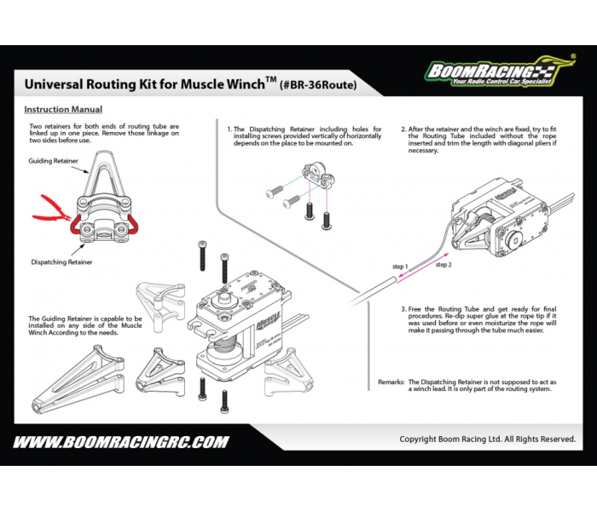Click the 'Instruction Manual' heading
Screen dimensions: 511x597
point(63,110)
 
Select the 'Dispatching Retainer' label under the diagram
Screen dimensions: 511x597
point(61,262)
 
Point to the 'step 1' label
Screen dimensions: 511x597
point(400,267)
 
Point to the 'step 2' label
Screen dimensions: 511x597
point(443,266)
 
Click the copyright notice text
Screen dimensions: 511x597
point(487,439)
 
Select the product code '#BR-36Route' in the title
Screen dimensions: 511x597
point(319,85)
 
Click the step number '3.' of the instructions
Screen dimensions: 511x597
point(403,308)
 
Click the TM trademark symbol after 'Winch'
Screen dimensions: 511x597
point(270,79)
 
